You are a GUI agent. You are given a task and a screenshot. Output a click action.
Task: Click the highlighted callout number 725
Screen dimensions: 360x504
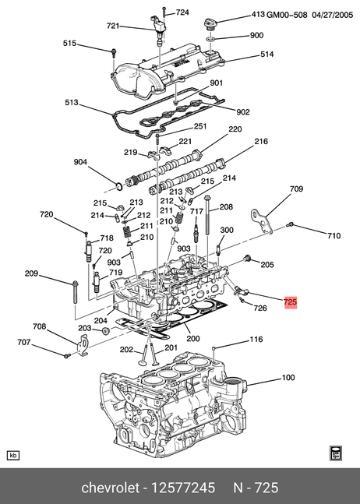click(290, 302)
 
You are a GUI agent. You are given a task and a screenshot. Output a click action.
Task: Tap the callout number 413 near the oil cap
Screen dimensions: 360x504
click(258, 15)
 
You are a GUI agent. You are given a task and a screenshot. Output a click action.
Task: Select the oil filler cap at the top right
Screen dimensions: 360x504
click(210, 25)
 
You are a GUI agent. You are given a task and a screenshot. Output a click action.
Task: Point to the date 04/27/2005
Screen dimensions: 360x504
click(333, 15)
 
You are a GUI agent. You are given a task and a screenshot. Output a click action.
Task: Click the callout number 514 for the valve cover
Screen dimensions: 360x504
click(266, 55)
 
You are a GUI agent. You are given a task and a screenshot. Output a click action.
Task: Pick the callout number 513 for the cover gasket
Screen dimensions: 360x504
click(72, 103)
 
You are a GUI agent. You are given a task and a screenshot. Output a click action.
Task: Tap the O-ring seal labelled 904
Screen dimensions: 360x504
click(119, 185)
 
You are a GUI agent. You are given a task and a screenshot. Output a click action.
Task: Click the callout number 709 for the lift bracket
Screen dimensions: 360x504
click(296, 189)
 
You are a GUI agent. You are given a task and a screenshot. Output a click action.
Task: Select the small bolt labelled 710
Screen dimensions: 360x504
click(289, 224)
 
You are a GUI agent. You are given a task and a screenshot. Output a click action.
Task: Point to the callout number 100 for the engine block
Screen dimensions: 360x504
click(288, 377)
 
